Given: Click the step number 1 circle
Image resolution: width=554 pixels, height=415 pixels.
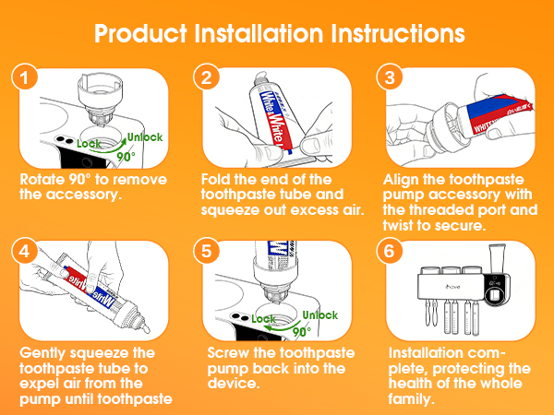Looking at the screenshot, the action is point(24,77).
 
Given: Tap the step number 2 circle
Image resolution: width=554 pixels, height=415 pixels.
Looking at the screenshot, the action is point(207,77).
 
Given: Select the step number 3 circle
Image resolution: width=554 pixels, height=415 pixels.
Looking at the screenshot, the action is point(390,77).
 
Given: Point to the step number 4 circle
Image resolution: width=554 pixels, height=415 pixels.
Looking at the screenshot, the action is point(24,251).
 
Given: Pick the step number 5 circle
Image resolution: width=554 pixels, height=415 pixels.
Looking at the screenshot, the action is point(207,251).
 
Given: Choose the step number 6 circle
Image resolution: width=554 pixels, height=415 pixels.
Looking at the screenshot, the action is point(390,251).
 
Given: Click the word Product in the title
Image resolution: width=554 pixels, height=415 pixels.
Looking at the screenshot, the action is point(140,34).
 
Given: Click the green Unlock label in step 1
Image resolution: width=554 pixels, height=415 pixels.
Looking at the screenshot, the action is point(145,136).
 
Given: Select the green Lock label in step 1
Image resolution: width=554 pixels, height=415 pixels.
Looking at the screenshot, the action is point(89,144).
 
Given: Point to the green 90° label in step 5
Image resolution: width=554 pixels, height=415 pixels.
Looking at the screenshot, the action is point(302,332).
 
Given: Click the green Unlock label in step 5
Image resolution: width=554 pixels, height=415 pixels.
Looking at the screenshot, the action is point(320,314).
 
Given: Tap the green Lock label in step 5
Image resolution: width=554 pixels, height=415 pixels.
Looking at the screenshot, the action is point(263,319).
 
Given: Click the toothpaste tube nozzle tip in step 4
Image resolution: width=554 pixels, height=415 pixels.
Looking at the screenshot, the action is point(146,329).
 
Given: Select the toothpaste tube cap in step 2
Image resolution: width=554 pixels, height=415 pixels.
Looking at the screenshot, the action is point(260,77).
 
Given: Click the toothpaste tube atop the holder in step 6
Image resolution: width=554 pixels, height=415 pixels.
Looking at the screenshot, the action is point(498,258).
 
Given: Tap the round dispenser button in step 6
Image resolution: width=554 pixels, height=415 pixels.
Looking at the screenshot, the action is point(494,295).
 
